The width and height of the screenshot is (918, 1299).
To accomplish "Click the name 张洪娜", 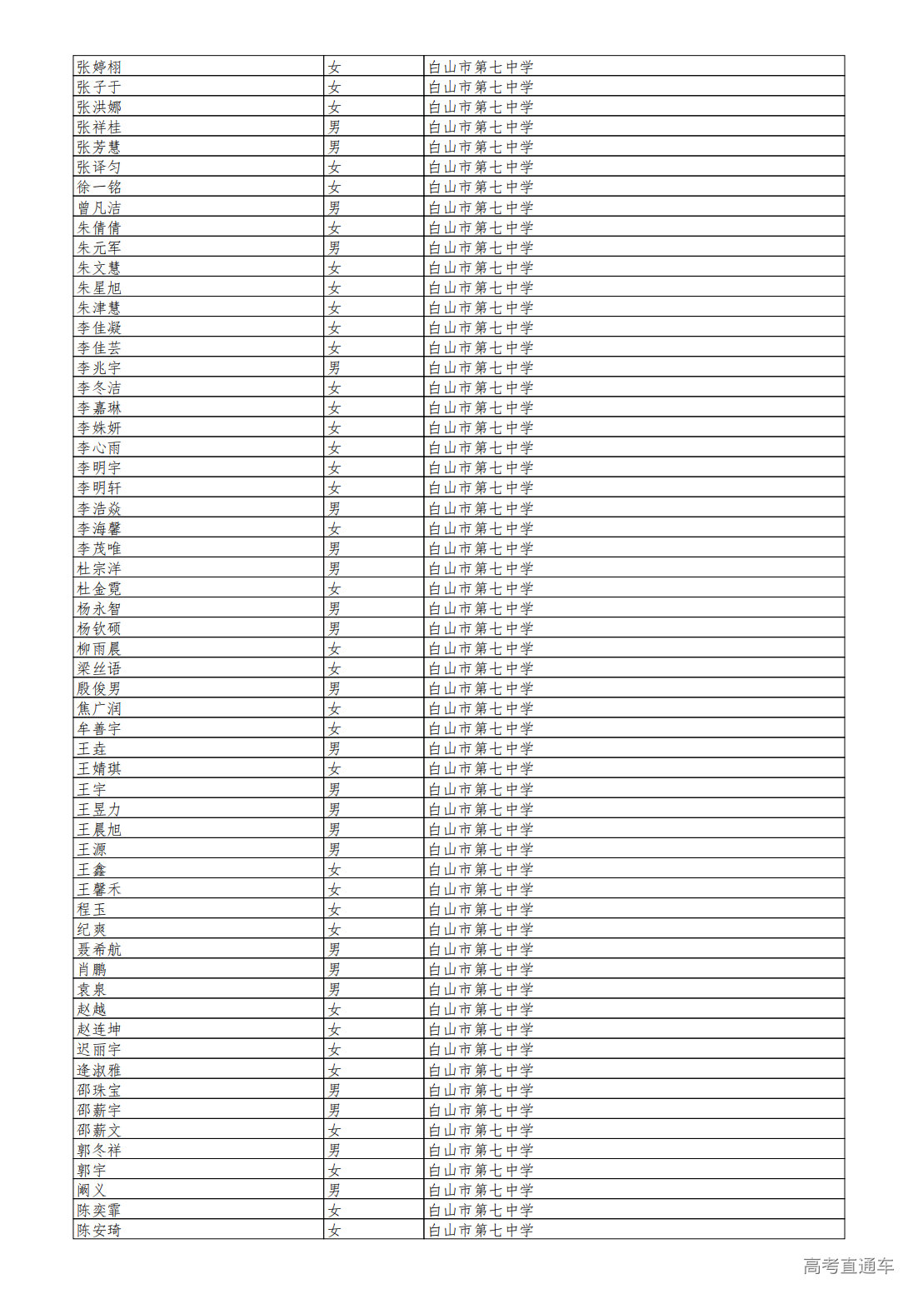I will (99, 107).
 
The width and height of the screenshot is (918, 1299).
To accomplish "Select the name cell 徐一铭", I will (99, 187).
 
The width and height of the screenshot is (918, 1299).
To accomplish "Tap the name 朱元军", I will (99, 248).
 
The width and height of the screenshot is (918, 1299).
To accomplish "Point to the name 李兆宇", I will (99, 368).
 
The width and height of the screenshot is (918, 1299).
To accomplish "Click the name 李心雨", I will (99, 448).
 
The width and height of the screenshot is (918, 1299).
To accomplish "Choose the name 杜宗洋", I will (99, 569).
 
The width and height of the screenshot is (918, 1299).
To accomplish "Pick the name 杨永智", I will (99, 609).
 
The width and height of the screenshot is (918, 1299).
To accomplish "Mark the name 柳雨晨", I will (99, 649).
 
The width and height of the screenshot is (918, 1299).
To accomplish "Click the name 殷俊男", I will (99, 689).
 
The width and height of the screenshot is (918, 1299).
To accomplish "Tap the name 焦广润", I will (99, 709).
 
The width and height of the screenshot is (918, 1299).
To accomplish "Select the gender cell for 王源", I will (334, 850).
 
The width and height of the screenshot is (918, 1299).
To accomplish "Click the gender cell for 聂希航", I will (334, 950).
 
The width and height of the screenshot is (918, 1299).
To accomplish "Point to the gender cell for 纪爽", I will (334, 930).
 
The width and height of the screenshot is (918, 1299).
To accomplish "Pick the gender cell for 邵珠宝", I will (334, 1091).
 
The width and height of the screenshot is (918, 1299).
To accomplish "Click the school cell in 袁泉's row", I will (481, 990).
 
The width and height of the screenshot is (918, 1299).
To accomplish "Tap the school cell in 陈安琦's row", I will (481, 1231).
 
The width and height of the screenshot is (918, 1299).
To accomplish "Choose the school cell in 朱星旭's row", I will (481, 288).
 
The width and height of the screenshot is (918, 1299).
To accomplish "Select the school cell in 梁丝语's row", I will (481, 669).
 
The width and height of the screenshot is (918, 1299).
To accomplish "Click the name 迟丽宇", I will (99, 1050).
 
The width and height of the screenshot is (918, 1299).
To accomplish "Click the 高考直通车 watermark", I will (848, 1267).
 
